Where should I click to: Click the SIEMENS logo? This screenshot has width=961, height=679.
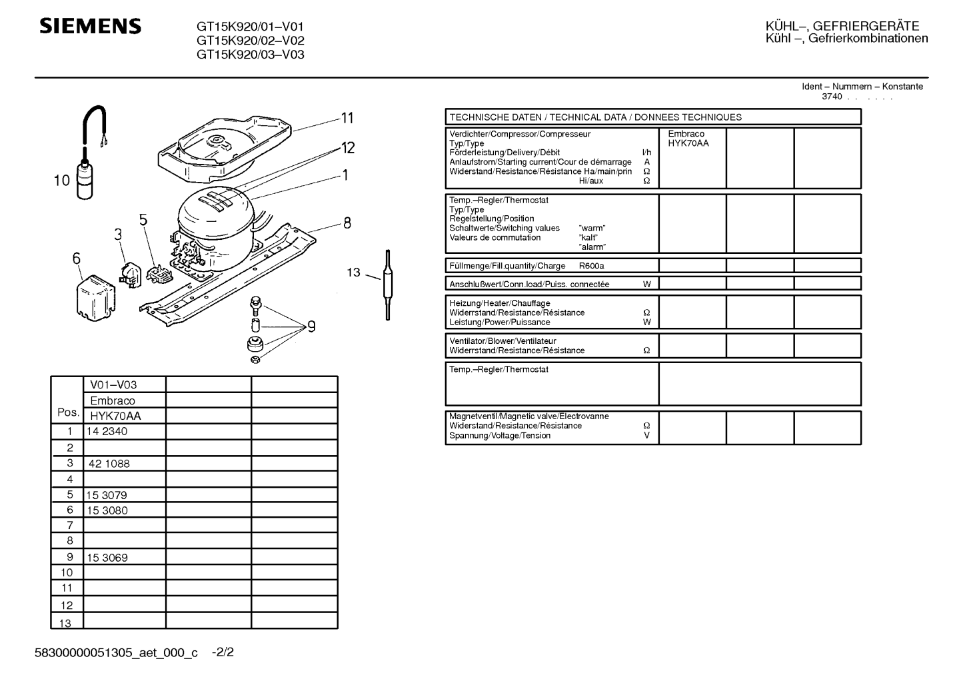click(91, 27)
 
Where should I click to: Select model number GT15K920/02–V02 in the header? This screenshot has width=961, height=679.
click(250, 41)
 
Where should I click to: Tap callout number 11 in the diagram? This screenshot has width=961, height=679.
click(347, 119)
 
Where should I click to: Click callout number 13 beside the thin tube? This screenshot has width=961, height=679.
click(353, 272)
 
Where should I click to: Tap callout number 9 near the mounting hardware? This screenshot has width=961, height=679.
click(311, 327)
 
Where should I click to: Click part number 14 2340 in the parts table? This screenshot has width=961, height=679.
click(107, 432)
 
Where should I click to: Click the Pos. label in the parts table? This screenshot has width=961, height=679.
click(68, 412)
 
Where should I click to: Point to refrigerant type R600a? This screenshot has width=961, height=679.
click(591, 266)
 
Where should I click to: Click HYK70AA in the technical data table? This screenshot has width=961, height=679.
click(688, 143)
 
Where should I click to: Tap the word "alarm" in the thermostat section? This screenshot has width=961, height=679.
click(592, 247)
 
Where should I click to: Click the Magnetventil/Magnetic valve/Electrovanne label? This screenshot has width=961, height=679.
click(528, 416)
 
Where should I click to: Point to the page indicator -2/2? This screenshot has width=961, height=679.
click(223, 652)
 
